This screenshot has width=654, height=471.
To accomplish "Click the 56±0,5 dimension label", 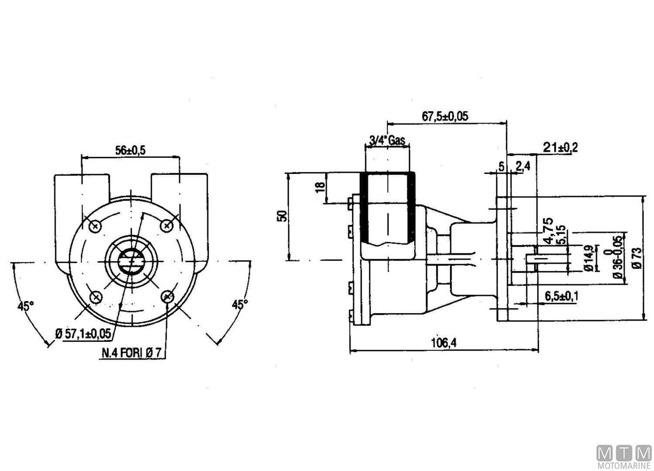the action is [x=130, y=150].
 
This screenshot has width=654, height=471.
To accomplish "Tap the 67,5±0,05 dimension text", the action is [x=445, y=116].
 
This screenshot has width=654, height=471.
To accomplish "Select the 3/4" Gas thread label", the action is [x=387, y=141].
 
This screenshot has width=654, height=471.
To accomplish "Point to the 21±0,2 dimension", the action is [x=560, y=148].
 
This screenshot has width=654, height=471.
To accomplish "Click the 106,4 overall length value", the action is [x=444, y=343].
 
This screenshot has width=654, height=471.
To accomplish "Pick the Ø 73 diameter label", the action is [x=637, y=258].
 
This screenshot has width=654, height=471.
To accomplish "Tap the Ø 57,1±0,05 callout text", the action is [x=84, y=334].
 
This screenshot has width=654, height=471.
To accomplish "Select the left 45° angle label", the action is [x=26, y=306].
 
